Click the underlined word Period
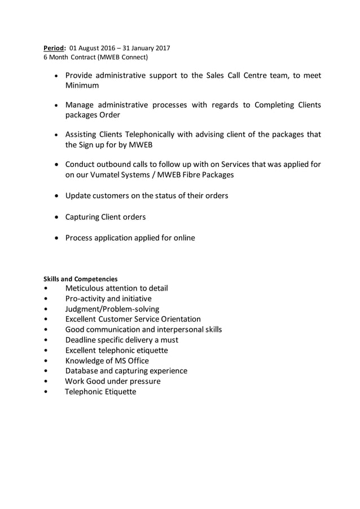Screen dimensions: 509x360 [x=55, y=48]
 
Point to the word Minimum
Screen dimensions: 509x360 [x=82, y=85]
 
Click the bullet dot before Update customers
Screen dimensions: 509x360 [x=58, y=196]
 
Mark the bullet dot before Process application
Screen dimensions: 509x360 [x=58, y=238]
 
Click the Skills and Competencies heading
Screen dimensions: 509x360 [x=81, y=279]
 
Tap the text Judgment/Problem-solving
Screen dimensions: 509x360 [x=112, y=309]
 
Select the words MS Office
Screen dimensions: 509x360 [x=131, y=361]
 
